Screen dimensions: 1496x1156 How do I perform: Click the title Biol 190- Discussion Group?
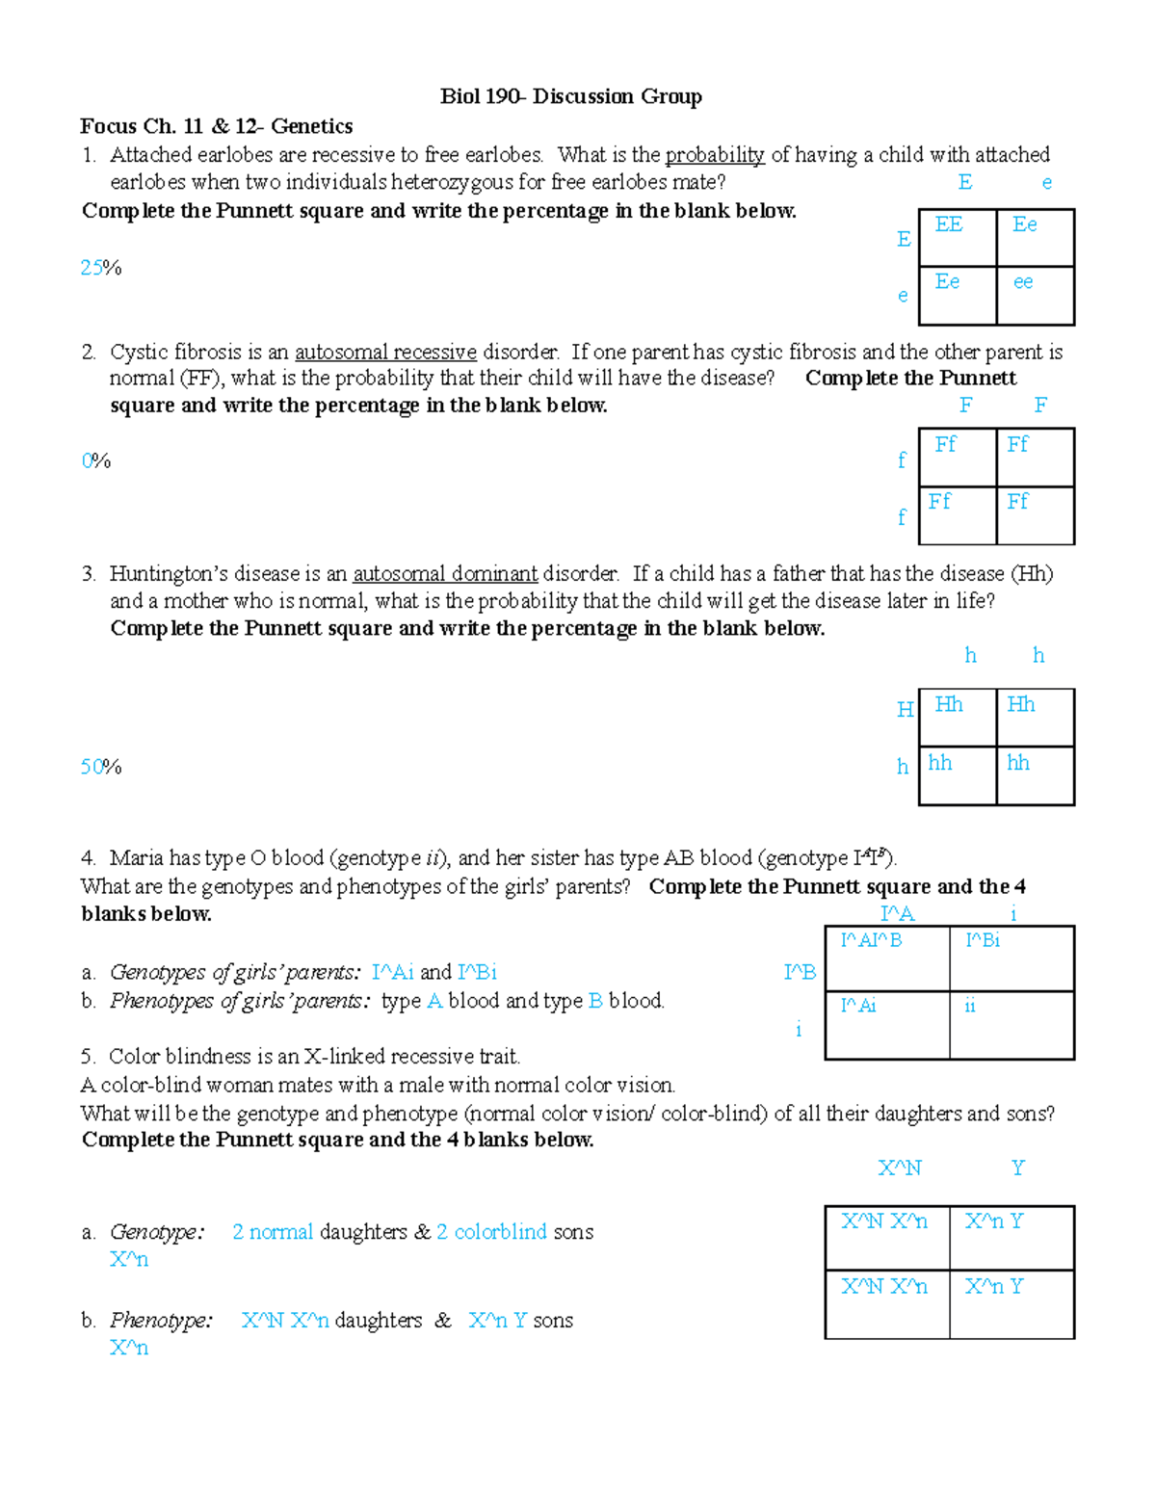coord(570,96)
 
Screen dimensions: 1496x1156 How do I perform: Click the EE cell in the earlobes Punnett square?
coord(949,224)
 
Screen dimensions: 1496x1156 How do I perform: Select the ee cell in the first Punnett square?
coord(1023,282)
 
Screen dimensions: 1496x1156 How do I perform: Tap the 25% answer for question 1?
coord(100,268)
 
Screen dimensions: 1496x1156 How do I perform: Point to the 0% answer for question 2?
coord(95,461)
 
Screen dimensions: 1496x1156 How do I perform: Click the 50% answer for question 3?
coord(100,767)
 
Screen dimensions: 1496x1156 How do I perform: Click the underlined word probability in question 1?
coord(714,155)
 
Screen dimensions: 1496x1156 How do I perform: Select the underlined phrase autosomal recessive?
coord(385,353)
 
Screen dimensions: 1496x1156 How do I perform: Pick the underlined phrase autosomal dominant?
coord(445,574)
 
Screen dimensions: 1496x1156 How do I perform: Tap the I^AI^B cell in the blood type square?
coord(871,940)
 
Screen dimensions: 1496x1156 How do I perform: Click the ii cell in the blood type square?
coord(970,1006)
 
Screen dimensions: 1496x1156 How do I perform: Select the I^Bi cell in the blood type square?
coord(983,940)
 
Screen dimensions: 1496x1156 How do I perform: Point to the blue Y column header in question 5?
coord(1018,1168)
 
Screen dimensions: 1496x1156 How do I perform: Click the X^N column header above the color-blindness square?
coord(900,1168)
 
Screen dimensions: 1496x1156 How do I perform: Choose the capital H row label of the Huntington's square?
coord(905,710)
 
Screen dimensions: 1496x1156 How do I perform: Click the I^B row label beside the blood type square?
coord(800,973)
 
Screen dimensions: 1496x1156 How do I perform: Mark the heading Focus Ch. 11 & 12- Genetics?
coord(216,126)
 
